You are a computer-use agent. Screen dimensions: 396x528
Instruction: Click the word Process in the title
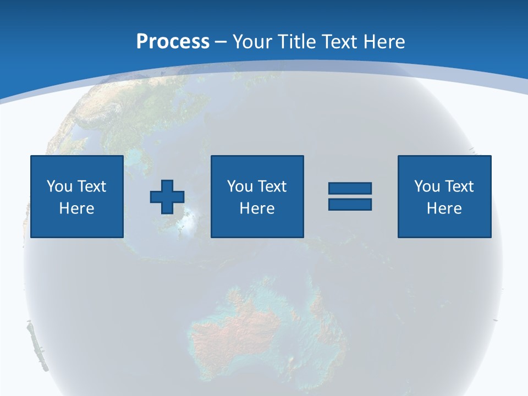pyautogui.click(x=173, y=42)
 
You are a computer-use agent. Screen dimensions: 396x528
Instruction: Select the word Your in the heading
pyautogui.click(x=252, y=42)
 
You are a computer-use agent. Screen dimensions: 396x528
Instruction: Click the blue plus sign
pyautogui.click(x=167, y=197)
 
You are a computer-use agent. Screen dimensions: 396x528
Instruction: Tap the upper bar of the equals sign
pyautogui.click(x=350, y=188)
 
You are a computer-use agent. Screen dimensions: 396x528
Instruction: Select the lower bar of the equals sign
pyautogui.click(x=350, y=204)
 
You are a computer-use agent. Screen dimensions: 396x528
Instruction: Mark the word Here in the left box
pyautogui.click(x=76, y=208)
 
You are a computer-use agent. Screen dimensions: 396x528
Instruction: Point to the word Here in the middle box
pyautogui.click(x=257, y=208)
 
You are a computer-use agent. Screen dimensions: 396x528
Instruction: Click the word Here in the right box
pyautogui.click(x=444, y=208)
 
